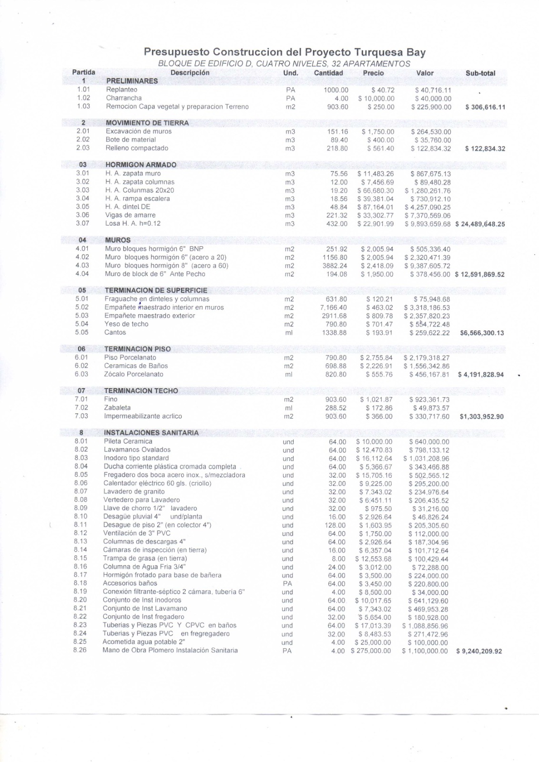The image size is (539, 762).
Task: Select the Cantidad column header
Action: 328,73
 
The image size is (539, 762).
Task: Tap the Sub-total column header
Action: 480,73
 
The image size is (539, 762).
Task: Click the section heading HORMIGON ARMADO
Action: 141,165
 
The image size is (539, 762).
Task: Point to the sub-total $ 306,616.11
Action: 485,107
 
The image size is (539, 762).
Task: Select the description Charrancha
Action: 124,98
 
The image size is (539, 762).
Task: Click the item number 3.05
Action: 82,207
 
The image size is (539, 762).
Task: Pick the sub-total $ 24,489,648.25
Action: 480,224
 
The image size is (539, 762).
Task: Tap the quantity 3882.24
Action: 335,266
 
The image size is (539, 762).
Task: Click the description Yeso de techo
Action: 126,324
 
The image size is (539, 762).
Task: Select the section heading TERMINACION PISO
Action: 137,349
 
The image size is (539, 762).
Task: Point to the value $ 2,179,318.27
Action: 427,358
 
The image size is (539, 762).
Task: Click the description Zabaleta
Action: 117,408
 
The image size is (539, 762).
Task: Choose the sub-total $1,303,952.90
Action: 482,417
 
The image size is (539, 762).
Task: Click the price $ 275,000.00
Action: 371,651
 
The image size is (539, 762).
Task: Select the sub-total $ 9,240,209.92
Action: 479,651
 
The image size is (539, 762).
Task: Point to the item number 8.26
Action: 80,650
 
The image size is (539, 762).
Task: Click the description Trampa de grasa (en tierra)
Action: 145,558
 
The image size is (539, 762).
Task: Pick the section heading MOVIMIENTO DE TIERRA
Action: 147,123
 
